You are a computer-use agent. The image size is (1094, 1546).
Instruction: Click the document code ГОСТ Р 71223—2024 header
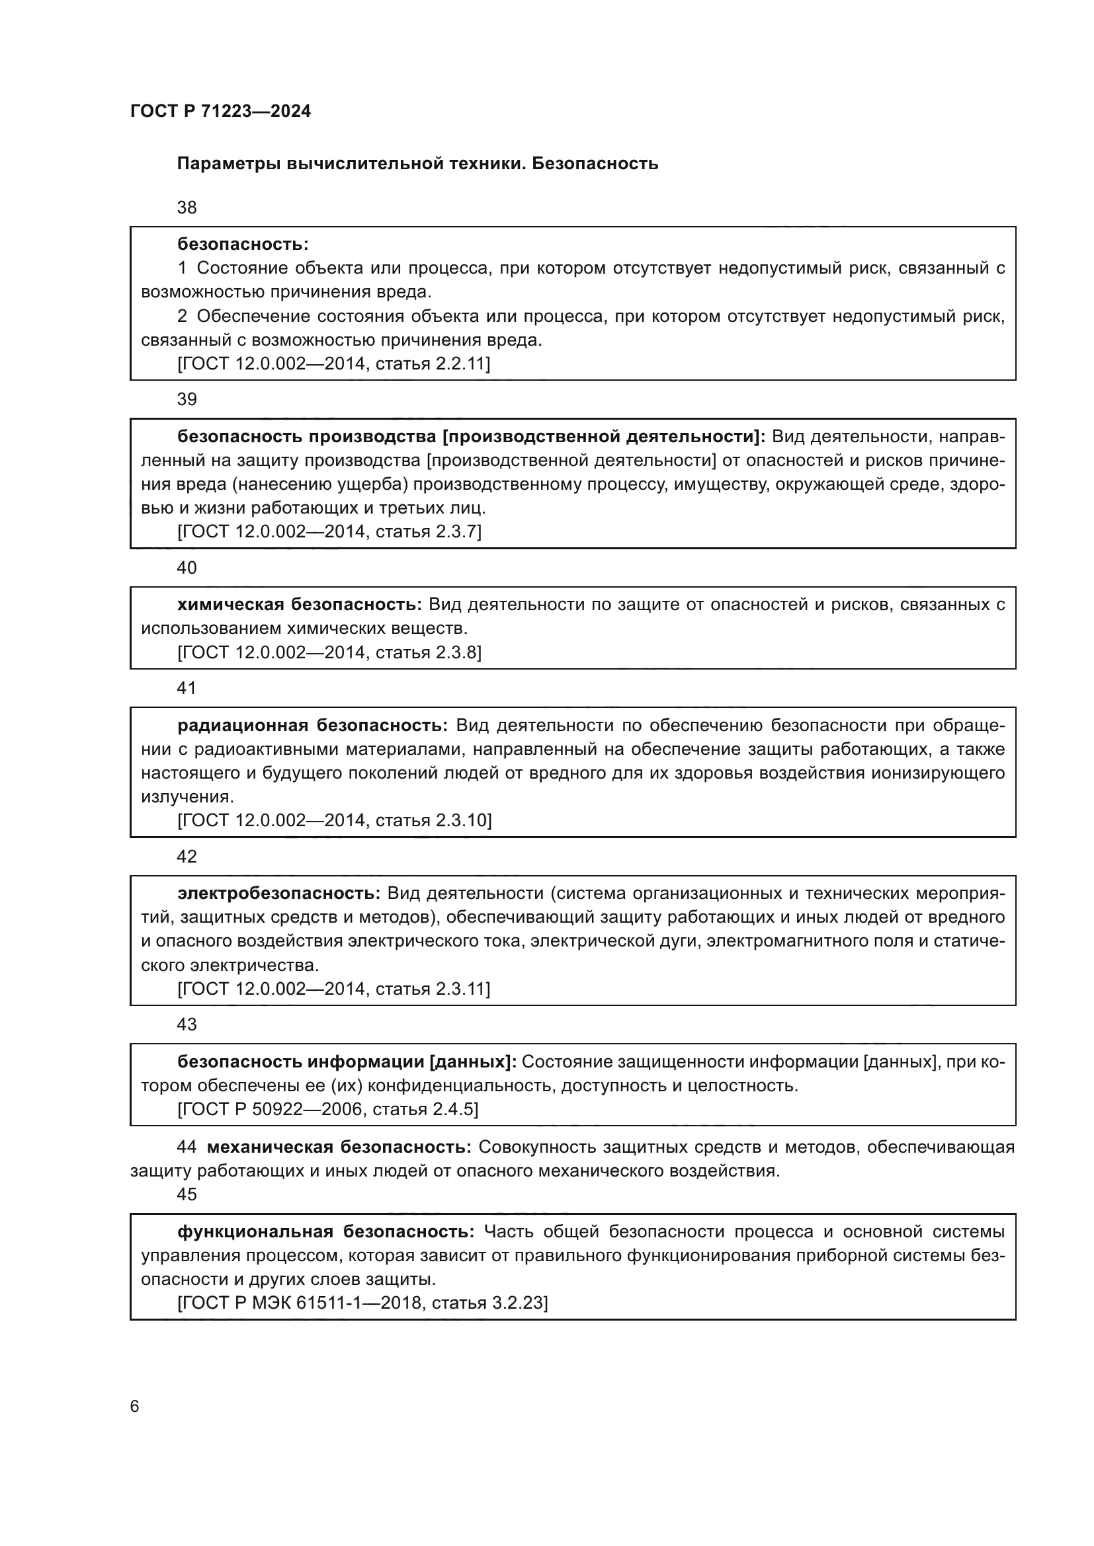pos(220,111)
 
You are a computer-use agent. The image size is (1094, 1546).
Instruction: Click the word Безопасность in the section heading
pos(594,164)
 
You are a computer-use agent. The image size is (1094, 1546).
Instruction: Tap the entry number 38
pos(187,208)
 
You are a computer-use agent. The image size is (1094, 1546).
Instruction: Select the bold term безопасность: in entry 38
pos(243,244)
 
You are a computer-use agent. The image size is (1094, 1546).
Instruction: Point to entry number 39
pos(187,399)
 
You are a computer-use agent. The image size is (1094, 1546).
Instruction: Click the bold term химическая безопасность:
pos(299,605)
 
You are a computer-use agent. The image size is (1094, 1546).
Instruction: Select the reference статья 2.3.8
pos(428,652)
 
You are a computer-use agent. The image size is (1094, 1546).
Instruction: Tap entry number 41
pos(187,688)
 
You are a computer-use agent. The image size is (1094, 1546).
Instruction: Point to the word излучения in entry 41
pos(187,797)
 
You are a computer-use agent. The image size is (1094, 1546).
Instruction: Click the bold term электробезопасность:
pos(279,894)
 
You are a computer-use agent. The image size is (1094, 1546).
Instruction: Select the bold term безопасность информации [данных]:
pos(346,1062)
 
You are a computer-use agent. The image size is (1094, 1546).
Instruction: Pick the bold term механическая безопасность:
pos(339,1147)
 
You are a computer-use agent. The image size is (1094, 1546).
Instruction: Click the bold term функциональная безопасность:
pos(325,1231)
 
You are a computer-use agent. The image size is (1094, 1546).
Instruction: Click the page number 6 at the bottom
pos(135,1407)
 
